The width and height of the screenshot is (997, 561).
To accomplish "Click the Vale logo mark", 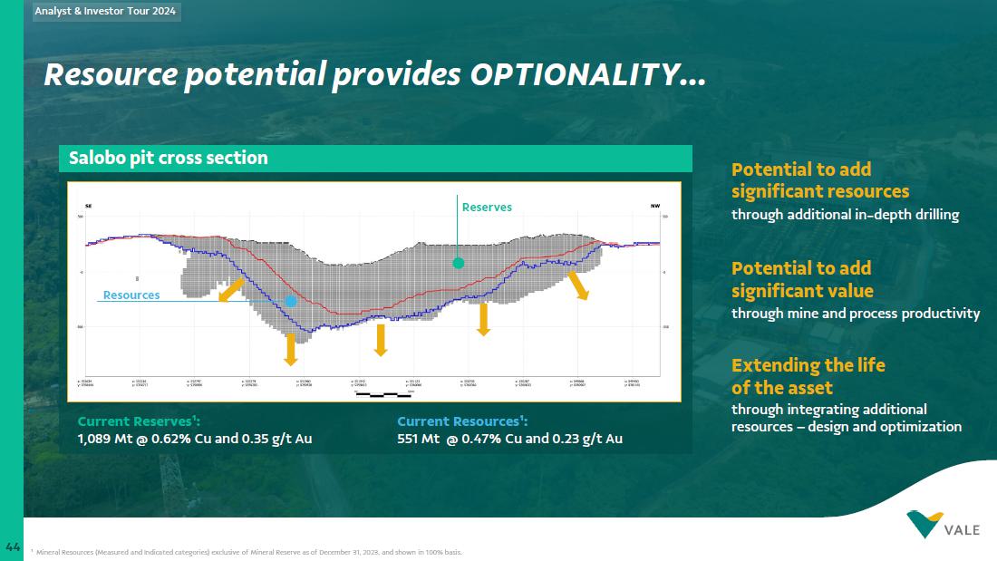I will tap(924, 523).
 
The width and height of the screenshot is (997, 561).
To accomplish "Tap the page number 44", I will tap(13, 546).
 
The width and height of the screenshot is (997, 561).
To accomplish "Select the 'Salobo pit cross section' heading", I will tap(169, 158).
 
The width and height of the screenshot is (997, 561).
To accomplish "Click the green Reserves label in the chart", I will tap(487, 208).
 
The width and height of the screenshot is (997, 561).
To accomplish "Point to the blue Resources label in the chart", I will tap(131, 295).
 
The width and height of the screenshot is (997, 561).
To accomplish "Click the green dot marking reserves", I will tap(459, 263).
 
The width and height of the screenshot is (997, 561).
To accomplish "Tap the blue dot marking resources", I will tap(291, 301).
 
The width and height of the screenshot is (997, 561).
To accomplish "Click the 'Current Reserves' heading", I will tap(139, 421).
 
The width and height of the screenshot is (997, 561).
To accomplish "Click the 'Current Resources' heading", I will tap(462, 421).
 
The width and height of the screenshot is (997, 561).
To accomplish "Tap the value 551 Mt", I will tap(418, 440).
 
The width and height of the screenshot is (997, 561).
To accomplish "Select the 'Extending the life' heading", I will tap(808, 365).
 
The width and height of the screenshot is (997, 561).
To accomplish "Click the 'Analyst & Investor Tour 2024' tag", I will tap(106, 12).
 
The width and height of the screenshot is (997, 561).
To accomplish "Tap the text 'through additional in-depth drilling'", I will tap(845, 215).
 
